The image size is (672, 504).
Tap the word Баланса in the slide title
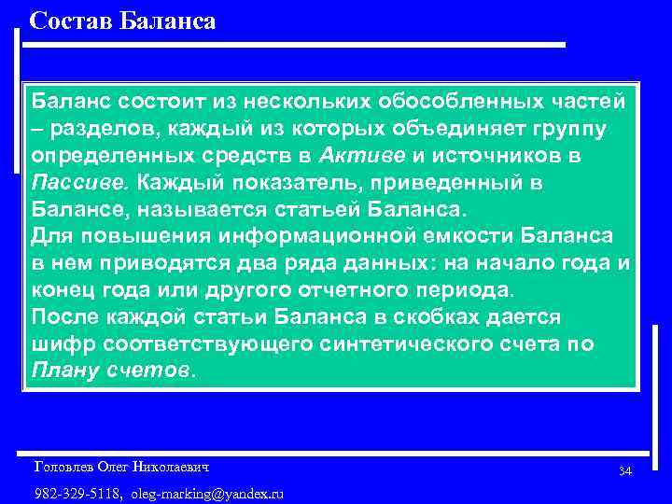click(x=168, y=21)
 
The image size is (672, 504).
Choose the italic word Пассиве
click(x=73, y=181)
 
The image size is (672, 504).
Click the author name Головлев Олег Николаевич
click(x=121, y=466)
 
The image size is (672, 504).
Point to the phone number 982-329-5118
click(x=78, y=493)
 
